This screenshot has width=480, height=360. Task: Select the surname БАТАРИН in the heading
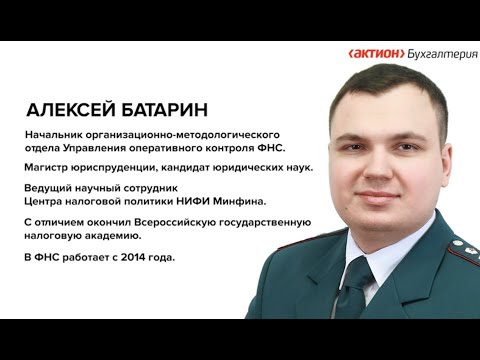[x=171, y=109]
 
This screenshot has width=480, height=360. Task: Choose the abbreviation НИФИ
[x=193, y=202]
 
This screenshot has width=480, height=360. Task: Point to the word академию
[x=107, y=236]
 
